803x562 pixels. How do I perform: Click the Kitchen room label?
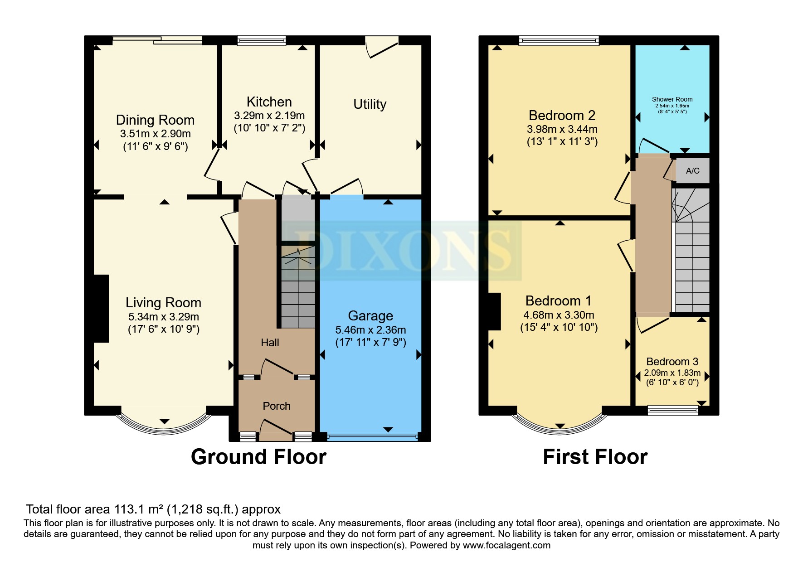pyautogui.click(x=269, y=102)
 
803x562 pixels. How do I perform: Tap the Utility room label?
pyautogui.click(x=370, y=104)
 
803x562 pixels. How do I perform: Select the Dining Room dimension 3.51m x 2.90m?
pyautogui.click(x=155, y=134)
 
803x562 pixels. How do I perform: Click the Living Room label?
pyautogui.click(x=163, y=303)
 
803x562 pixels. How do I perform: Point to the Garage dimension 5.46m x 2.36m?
pyautogui.click(x=370, y=330)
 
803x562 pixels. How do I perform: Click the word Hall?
pyautogui.click(x=270, y=343)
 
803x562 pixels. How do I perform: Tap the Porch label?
pyautogui.click(x=277, y=406)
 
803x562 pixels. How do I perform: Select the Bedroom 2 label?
pyautogui.click(x=562, y=116)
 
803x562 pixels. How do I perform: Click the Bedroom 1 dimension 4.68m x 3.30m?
pyautogui.click(x=559, y=315)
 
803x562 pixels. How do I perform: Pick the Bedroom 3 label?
pyautogui.click(x=672, y=362)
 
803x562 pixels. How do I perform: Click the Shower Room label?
pyautogui.click(x=672, y=99)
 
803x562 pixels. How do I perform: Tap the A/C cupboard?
pyautogui.click(x=692, y=171)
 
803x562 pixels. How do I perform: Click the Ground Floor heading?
pyautogui.click(x=258, y=457)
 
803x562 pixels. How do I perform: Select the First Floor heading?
pyautogui.click(x=595, y=457)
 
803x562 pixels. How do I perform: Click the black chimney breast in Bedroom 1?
pyautogui.click(x=494, y=311)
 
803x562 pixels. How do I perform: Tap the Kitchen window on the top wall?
pyautogui.click(x=262, y=41)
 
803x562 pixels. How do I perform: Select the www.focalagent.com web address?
pyautogui.click(x=506, y=545)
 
